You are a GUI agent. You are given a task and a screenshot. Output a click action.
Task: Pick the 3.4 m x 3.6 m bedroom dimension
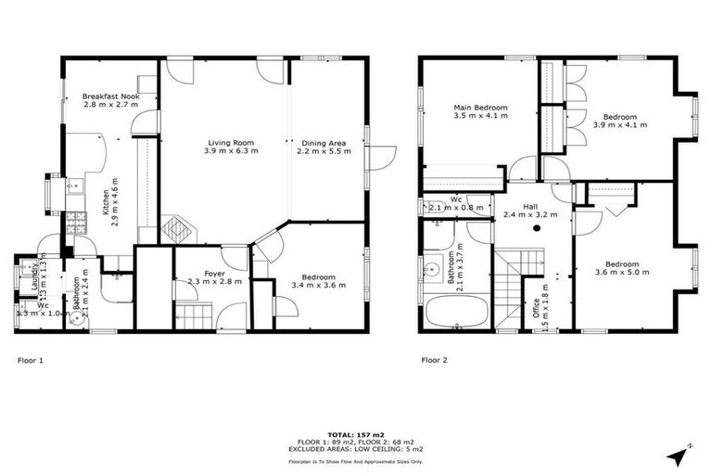tap(318, 285)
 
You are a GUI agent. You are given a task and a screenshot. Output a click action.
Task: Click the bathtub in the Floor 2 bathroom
tap(455, 312)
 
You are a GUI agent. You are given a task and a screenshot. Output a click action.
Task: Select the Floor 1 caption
tap(31, 359)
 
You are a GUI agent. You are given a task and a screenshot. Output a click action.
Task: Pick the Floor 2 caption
tap(435, 359)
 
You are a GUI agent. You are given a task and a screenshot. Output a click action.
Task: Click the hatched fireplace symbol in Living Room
tap(175, 228)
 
